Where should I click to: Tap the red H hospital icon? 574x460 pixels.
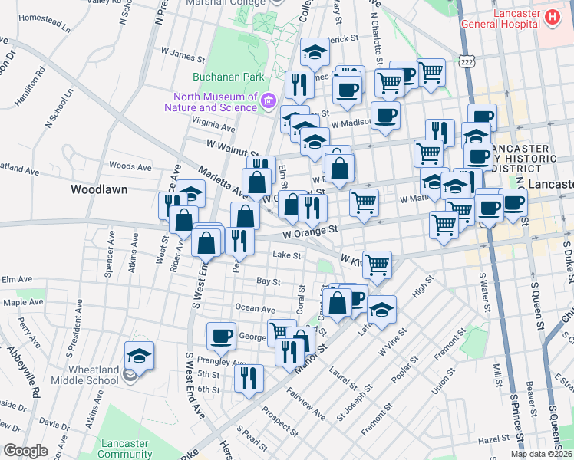551,16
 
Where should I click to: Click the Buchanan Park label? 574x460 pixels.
229,77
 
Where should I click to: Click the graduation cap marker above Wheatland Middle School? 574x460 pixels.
139,356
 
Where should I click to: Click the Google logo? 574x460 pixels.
25,451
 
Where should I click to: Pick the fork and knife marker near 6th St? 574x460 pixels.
249,378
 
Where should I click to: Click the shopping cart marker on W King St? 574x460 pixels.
377,264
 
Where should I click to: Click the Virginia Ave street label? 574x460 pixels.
214,122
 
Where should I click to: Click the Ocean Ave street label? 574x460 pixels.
256,309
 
